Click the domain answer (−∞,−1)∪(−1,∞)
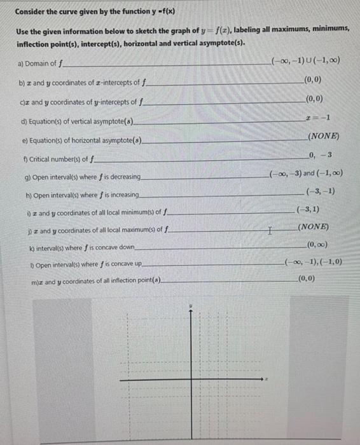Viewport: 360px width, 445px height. (305, 60)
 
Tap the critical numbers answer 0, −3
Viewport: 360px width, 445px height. (320, 155)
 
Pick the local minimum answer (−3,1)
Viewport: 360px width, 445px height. (308, 209)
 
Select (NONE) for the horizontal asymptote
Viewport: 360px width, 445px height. (323, 137)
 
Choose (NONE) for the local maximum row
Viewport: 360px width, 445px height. (312, 227)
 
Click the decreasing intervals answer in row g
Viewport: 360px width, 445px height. (305, 173)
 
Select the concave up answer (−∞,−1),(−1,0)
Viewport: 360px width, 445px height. (314, 262)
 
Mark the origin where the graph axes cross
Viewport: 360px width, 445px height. (191, 380)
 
